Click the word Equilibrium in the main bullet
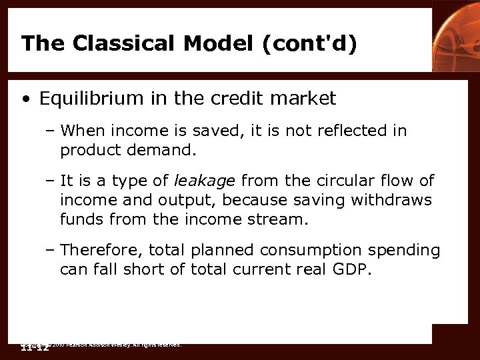88,99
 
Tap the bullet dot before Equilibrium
25,100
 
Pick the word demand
167,150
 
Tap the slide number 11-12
35,347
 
